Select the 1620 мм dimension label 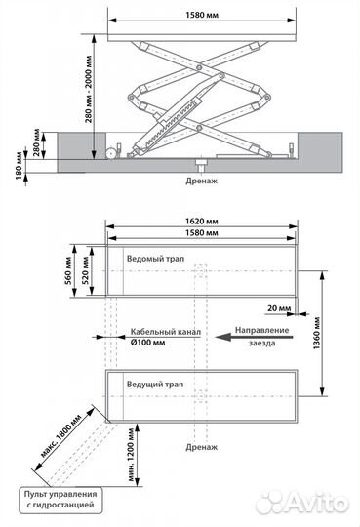[x=202, y=221]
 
